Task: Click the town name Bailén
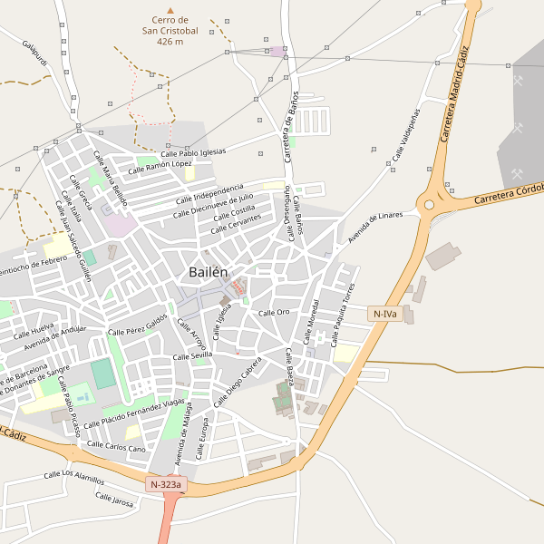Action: (209, 272)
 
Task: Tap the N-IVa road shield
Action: (384, 314)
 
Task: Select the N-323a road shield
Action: (165, 485)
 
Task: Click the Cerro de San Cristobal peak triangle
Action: (170, 11)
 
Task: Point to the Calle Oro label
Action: (274, 312)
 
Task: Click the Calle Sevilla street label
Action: (192, 355)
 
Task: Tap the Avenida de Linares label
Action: (374, 223)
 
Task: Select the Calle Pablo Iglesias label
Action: (193, 152)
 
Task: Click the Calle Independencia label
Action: (209, 192)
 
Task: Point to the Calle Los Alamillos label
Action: (74, 476)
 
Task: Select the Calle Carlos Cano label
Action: (113, 448)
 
